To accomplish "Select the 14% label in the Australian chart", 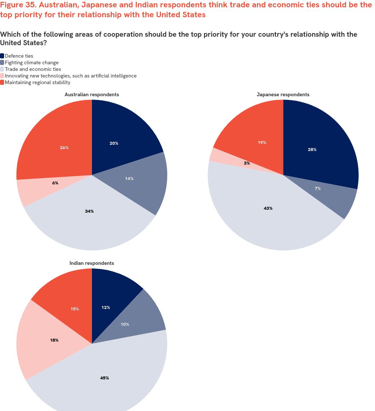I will (x=129, y=179).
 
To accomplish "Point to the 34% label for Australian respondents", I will (x=89, y=211).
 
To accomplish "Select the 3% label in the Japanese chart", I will (x=247, y=163).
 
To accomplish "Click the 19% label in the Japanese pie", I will (x=262, y=143).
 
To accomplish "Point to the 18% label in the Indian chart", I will (x=54, y=340).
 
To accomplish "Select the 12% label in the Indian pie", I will (x=106, y=307).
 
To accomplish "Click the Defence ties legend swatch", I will (x=2, y=56).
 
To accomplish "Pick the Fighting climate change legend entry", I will (x=32, y=62).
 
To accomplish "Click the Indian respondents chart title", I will (x=92, y=263).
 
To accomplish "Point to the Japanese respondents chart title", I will (x=283, y=94).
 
